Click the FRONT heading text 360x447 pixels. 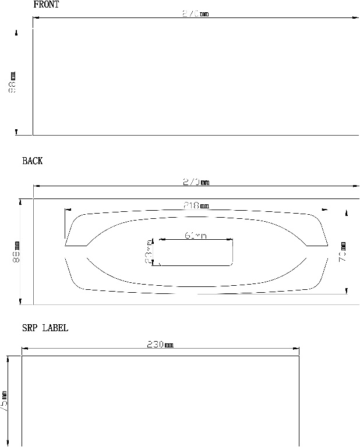[46, 5]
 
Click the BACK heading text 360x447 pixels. [33, 161]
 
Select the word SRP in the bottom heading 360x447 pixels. [30, 328]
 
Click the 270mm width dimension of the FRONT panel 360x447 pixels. [195, 13]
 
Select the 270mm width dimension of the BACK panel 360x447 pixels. [196, 182]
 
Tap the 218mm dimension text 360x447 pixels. [196, 205]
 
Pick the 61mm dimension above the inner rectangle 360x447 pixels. [195, 235]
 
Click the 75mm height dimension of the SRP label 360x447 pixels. [4, 402]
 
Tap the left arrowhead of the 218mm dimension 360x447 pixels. [68, 209]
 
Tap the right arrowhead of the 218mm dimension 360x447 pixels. [324, 209]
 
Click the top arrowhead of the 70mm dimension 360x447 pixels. [347, 213]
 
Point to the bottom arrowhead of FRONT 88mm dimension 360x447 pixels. [16, 133]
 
